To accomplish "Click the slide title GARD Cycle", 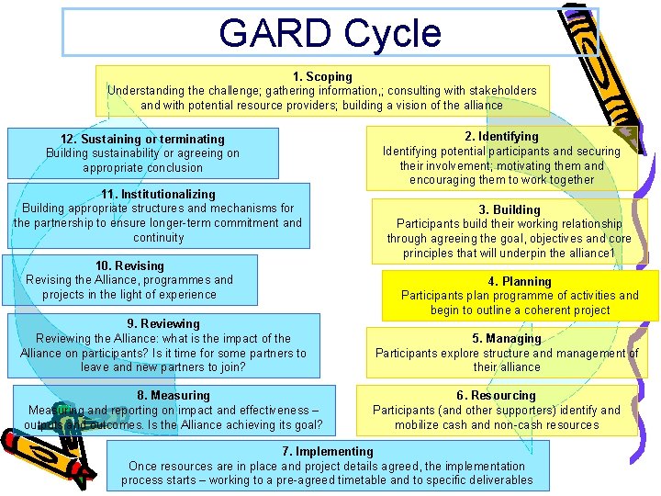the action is pyautogui.click(x=330, y=33).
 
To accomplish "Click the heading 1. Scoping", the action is pyautogui.click(x=322, y=76).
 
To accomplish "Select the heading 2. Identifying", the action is pyautogui.click(x=501, y=137).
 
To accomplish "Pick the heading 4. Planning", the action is pyautogui.click(x=520, y=281).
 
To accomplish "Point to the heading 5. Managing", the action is pyautogui.click(x=507, y=338).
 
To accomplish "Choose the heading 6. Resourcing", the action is pyautogui.click(x=496, y=396).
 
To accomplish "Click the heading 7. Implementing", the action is pyautogui.click(x=328, y=451).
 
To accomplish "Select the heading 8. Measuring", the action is pyautogui.click(x=174, y=396).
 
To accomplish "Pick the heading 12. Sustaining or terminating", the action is pyautogui.click(x=142, y=139).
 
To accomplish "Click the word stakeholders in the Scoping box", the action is pyautogui.click(x=501, y=90).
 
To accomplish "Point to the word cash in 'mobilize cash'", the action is pyautogui.click(x=451, y=424).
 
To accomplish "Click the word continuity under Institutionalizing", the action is pyautogui.click(x=158, y=237).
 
